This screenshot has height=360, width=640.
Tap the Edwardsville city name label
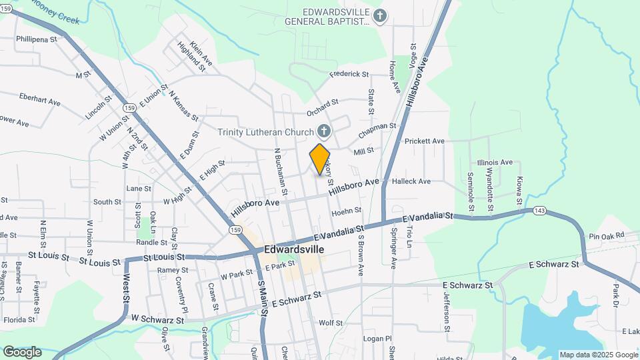(x=294, y=249)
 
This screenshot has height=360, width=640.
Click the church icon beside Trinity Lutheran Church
(x=323, y=131)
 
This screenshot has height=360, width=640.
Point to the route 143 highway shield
(x=540, y=211)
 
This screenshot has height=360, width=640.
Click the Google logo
(x=22, y=351)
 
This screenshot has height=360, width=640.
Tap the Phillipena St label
(x=37, y=39)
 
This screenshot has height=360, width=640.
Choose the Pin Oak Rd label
(x=607, y=235)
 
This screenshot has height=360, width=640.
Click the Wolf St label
(x=331, y=323)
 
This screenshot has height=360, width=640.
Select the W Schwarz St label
(x=157, y=320)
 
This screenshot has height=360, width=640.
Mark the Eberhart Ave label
(x=40, y=99)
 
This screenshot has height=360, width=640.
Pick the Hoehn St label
(x=346, y=210)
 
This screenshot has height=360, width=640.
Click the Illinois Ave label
(x=495, y=162)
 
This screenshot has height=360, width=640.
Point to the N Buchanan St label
(x=281, y=171)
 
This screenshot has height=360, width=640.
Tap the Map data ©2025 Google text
(x=599, y=355)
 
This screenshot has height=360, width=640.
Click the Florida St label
(x=19, y=319)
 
